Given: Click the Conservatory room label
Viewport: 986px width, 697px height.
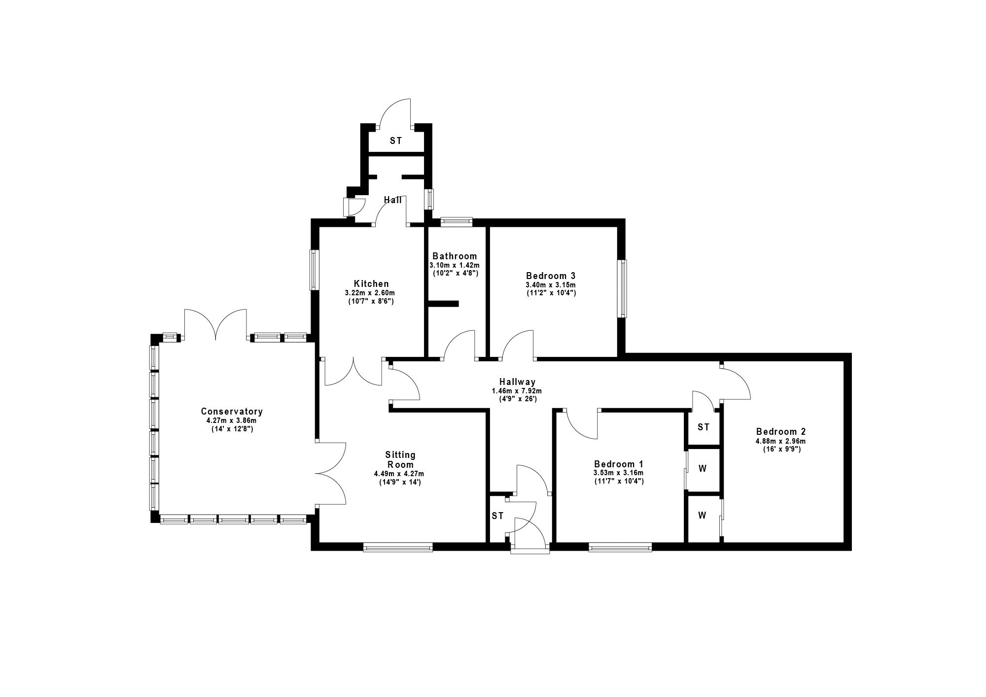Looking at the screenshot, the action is (x=232, y=411).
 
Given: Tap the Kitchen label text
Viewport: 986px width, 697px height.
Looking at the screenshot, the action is (x=371, y=283).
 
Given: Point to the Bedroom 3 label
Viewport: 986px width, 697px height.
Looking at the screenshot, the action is (x=551, y=276).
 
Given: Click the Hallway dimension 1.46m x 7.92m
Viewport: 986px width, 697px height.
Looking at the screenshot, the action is (x=517, y=391).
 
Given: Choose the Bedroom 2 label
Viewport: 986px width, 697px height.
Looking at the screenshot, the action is (x=781, y=432).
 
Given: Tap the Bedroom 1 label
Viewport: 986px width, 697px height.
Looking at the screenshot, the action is (x=619, y=464).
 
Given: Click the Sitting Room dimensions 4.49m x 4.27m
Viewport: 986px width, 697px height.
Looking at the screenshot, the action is (x=399, y=474).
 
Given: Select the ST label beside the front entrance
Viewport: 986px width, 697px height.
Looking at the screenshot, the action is (x=497, y=516).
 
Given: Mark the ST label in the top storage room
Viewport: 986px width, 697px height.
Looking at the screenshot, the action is (x=396, y=141).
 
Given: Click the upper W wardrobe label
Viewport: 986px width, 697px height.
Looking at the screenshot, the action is (x=703, y=469).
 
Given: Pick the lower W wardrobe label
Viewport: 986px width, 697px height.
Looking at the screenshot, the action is (x=702, y=516).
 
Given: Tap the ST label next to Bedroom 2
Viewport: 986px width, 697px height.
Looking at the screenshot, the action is (x=704, y=427).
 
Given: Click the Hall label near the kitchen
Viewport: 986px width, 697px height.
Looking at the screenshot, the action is (x=393, y=200).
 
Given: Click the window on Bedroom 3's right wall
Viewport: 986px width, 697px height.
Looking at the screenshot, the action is (x=623, y=288).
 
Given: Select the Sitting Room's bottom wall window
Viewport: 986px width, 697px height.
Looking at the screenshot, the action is (x=398, y=547).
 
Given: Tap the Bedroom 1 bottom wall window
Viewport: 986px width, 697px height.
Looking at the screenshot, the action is (x=620, y=547).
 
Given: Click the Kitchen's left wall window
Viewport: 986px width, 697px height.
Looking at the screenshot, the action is (x=314, y=270).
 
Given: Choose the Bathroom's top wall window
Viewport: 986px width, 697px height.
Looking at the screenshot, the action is (x=456, y=222).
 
